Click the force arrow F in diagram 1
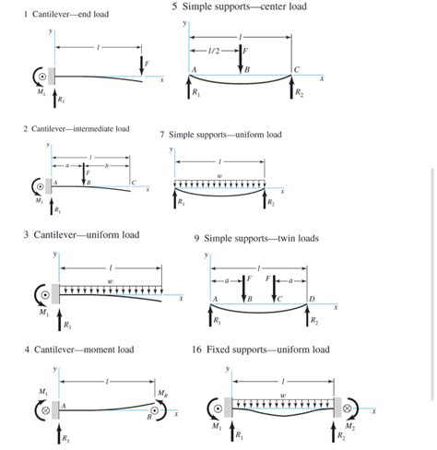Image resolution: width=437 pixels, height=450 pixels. (141, 65)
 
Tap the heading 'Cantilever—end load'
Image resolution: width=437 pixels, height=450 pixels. (70, 14)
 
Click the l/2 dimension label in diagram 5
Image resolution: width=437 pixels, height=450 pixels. (214, 51)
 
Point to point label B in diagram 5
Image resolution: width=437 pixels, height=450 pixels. (247, 70)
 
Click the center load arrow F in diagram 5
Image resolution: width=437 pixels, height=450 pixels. (241, 59)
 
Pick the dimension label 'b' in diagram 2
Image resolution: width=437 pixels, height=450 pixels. (107, 166)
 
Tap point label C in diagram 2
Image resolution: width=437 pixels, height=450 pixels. (134, 183)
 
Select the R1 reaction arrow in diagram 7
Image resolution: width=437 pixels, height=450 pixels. (175, 198)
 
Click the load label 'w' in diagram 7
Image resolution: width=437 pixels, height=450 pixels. (219, 176)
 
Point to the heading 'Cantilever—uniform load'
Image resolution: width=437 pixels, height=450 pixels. (87, 235)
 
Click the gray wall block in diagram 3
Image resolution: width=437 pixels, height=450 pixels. (55, 294)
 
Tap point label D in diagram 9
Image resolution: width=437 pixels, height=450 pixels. (312, 299)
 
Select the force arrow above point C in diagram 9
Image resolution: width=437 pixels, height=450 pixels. (274, 289)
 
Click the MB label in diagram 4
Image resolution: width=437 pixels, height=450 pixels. (163, 393)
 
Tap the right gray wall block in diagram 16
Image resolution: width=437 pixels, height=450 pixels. (337, 408)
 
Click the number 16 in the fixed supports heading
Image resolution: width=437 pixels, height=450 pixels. (197, 349)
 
